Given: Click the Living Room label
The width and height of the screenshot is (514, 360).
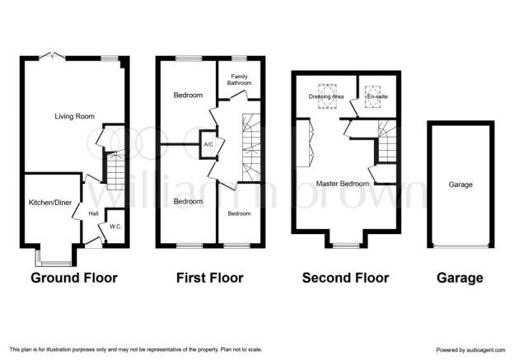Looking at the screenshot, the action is point(74,116).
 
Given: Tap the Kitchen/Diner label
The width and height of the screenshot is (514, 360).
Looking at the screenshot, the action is point(50,203).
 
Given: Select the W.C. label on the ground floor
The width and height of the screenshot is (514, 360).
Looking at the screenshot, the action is point(115,227).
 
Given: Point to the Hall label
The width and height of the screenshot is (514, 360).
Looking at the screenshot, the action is point(93,213).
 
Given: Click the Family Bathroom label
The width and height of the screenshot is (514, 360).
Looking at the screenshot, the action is point(240,80).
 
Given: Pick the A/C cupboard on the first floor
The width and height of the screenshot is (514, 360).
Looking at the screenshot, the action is point(209,144).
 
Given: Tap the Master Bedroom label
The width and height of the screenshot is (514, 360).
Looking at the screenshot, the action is point(342,184).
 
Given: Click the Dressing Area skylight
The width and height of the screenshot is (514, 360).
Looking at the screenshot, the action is point(327,96).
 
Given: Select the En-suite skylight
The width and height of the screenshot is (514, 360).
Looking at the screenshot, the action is point(373,96).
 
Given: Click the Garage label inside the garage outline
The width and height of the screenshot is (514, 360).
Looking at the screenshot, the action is point(460,185).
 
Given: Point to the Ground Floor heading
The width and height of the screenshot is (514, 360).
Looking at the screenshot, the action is point(74,278).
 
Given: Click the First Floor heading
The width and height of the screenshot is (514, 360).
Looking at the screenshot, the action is point(210,278).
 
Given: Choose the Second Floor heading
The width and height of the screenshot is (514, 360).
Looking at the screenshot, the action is point(345,278).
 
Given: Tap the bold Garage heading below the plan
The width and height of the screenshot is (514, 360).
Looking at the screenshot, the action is point(460,278).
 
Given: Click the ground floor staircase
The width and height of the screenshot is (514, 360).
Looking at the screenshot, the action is point(115,171).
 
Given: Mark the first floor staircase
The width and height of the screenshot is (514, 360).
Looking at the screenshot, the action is point(251,147).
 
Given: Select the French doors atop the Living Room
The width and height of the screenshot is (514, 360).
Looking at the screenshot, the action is point(52,56).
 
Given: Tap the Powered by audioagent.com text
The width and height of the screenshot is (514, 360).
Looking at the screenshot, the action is point(470,350).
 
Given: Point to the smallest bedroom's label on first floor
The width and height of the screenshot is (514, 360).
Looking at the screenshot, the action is point(240,213).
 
